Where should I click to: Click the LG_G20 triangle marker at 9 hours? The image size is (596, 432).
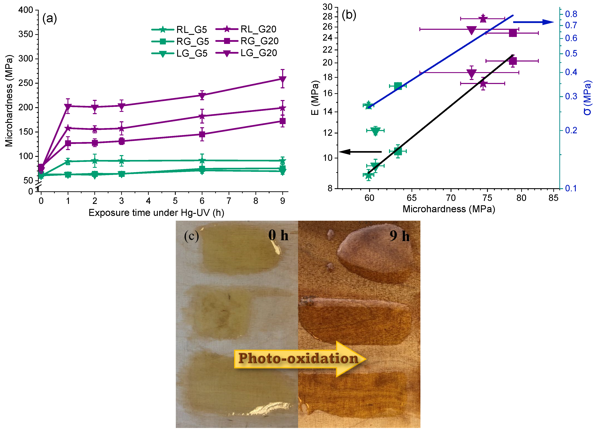tap(282, 79)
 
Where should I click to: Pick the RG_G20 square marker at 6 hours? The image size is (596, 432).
tap(202, 134)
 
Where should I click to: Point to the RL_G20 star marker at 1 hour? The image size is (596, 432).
tap(68, 128)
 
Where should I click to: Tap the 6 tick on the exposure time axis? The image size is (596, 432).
tap(202, 201)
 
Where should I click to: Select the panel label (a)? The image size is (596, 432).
tap(49, 19)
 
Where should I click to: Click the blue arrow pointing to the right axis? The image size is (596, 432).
tap(533, 22)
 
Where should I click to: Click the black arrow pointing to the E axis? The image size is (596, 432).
tap(360, 152)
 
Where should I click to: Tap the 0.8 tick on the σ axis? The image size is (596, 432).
tap(571, 14)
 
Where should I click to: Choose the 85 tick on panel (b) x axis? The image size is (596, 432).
tap(553, 198)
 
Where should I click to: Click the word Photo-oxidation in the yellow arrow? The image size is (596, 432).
tap(298, 358)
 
